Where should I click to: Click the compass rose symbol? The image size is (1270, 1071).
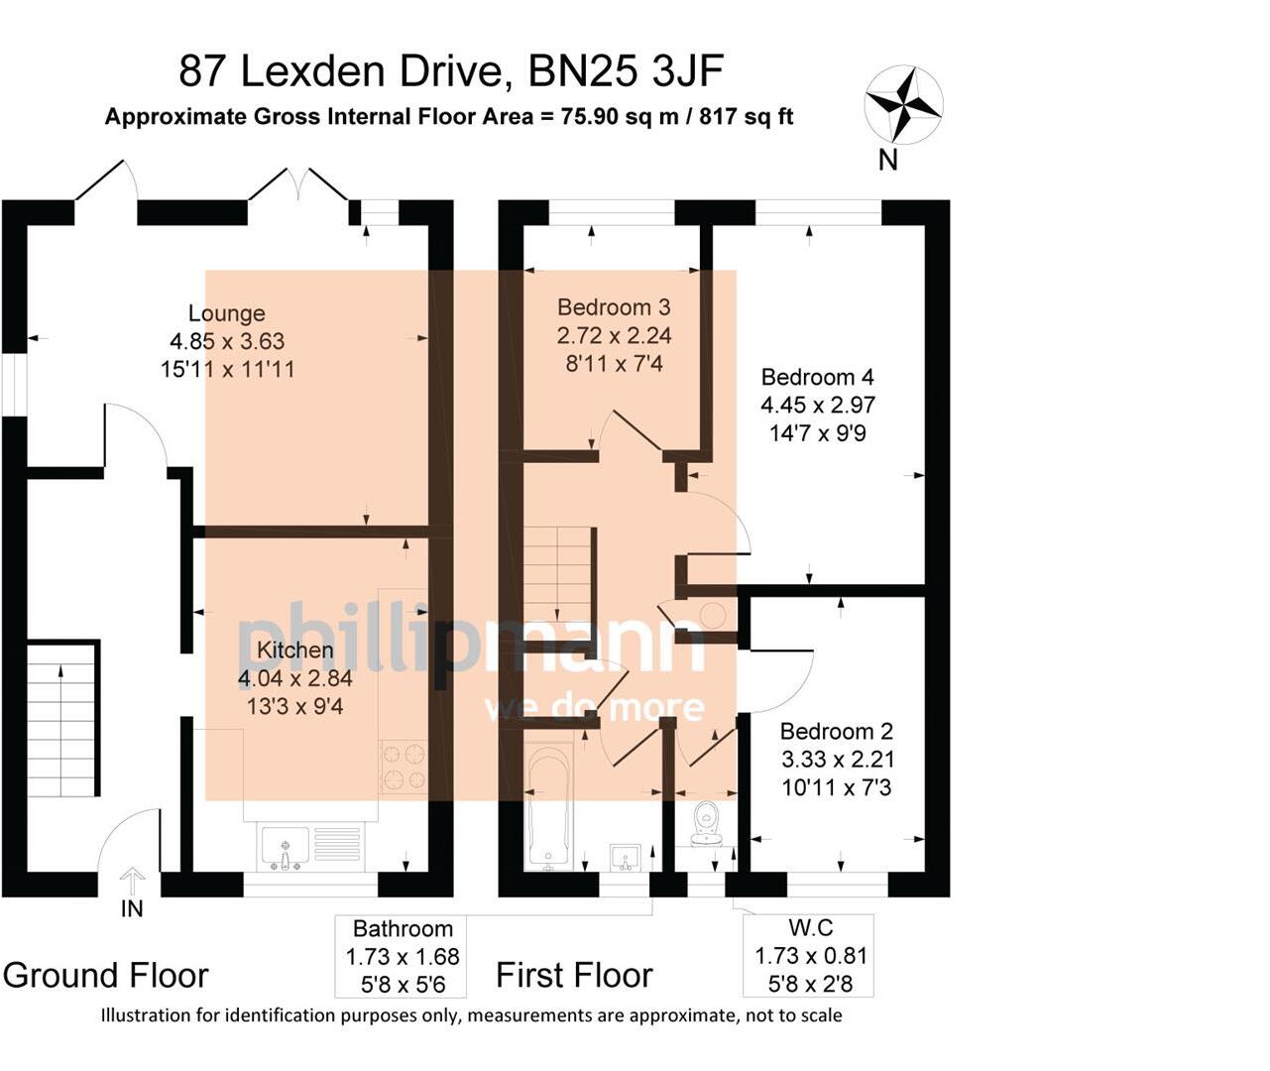tap(903, 104)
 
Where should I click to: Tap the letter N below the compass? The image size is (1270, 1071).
tap(888, 160)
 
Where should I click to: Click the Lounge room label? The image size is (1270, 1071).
tap(226, 313)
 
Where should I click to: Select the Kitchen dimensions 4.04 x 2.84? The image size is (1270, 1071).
tap(294, 679)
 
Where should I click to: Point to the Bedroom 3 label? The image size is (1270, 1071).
tap(614, 307)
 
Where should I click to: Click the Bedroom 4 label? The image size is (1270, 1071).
tap(817, 377)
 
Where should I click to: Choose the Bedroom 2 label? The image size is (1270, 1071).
tap(836, 732)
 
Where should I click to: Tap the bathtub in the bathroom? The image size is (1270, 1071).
tap(548, 809)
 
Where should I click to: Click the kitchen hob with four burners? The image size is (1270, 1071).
tap(404, 767)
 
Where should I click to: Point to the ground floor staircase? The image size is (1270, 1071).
tap(61, 719)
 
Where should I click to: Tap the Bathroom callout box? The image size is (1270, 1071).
tap(402, 956)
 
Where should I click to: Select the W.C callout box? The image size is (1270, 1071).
tap(809, 956)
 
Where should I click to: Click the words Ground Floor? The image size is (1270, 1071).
tap(106, 976)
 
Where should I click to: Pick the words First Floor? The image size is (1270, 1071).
tap(574, 976)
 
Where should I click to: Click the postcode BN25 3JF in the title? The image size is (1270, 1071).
tap(626, 71)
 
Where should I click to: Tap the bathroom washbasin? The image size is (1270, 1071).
tap(626, 856)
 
